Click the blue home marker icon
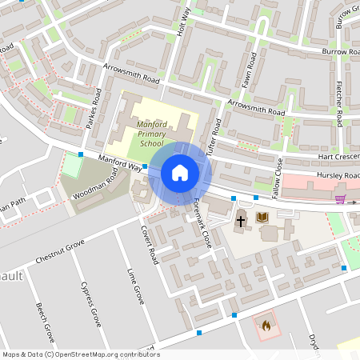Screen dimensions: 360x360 coord(180,172)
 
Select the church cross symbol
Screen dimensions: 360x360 coord(240,220)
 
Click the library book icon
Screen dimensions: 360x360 coord(262,217)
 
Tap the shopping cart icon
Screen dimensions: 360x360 coord(340,199)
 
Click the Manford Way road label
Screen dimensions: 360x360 coord(120,165)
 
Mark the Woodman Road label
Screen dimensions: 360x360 coord(101,184)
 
